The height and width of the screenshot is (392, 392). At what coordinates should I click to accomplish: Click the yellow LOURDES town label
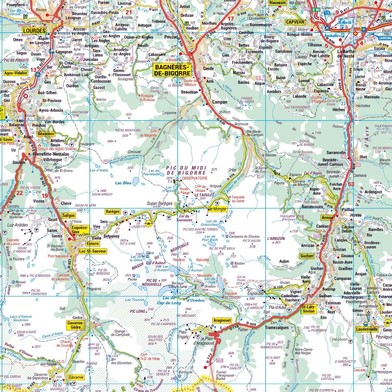(34, 30)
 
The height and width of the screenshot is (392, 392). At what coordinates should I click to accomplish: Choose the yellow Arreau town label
(327, 218)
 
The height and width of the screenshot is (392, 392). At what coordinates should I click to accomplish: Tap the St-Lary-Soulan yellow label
(308, 309)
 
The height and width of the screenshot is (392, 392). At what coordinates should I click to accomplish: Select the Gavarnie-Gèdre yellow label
(76, 325)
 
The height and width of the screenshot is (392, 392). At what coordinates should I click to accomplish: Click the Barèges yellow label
(113, 212)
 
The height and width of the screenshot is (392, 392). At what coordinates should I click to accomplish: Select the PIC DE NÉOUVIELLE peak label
(154, 282)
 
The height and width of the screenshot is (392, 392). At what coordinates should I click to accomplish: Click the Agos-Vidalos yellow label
(16, 73)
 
